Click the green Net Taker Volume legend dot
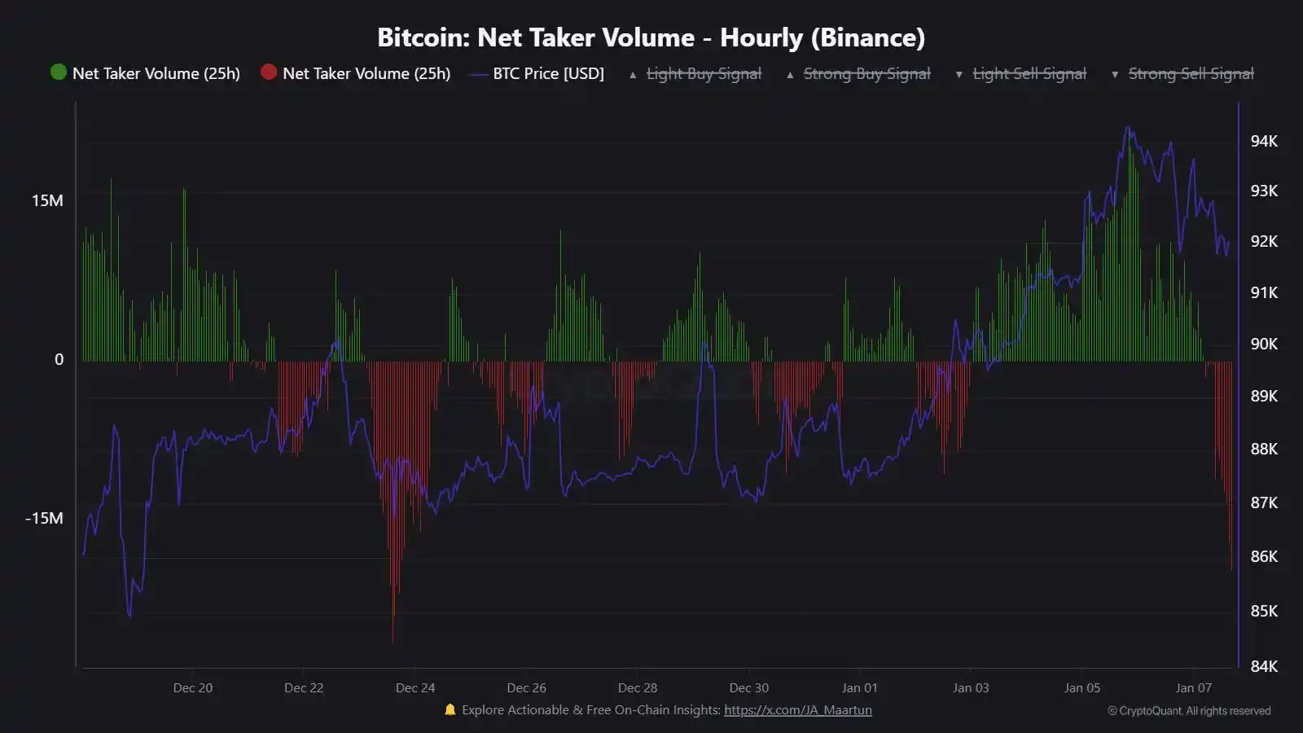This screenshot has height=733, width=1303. coord(58,72)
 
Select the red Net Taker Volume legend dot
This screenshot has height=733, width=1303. coord(269,72)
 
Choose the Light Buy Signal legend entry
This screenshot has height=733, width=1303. coord(704,74)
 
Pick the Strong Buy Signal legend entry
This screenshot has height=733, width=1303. coord(866,74)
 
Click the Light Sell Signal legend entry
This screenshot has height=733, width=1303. coord(1029,74)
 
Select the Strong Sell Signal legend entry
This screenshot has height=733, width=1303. coord(1191,74)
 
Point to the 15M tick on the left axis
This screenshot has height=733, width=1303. coord(47,201)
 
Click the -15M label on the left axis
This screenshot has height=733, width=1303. coord(44,519)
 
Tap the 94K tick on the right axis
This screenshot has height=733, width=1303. coord(1264,142)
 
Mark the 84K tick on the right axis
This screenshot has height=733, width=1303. coord(1264,666)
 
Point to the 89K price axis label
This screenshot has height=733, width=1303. coord(1264,396)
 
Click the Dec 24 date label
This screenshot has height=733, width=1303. coord(415,688)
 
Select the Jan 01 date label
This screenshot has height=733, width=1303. coord(860,688)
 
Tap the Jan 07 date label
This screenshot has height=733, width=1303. coord(1193,688)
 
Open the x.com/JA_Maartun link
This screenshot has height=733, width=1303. coord(797,710)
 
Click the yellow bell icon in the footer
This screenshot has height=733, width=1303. coord(450,710)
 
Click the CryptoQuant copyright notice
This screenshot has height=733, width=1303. coord(1189,711)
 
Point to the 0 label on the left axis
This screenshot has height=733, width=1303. coord(59,360)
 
